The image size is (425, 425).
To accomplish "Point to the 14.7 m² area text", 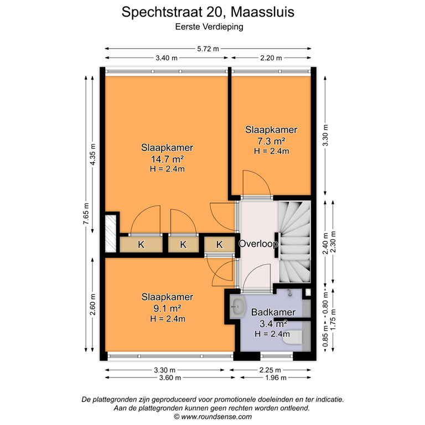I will (x=167, y=159).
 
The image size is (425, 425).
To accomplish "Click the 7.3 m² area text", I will (x=271, y=141).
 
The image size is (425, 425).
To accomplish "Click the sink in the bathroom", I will (x=239, y=306).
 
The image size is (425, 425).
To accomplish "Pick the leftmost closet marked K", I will (x=141, y=244).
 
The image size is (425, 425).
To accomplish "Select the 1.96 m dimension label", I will (x=275, y=378).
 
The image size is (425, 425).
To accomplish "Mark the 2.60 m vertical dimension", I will (x=92, y=305).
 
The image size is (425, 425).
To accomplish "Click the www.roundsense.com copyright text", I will (x=212, y=417).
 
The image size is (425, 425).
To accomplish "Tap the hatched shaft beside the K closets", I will (x=111, y=232).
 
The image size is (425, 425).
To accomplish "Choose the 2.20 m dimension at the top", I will (x=271, y=58).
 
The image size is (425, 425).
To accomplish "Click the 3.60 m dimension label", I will (x=165, y=378).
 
